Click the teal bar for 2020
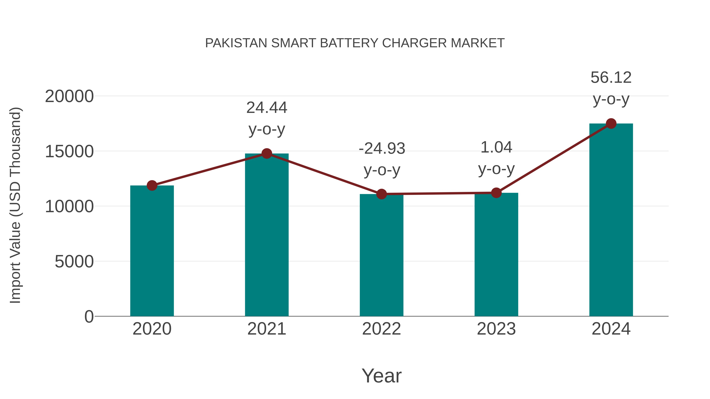pos(152,251)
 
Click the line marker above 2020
pos(152,185)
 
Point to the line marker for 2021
pos(266,153)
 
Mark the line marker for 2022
pos(381,194)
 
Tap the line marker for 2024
pos(611,124)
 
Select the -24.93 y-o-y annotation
pos(382,159)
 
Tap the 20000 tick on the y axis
pos(69,96)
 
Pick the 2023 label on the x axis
pos(496,329)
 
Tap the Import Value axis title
pos(15,205)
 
